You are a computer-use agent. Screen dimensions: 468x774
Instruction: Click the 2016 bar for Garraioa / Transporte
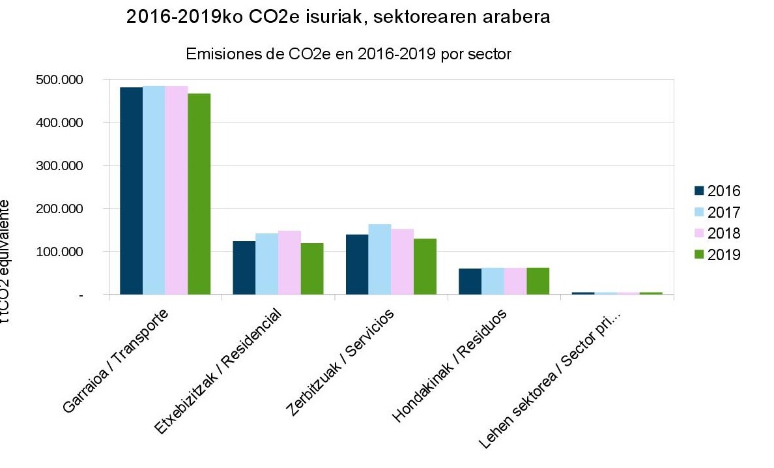pyautogui.click(x=131, y=190)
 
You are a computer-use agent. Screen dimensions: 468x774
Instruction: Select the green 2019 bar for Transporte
pyautogui.click(x=199, y=194)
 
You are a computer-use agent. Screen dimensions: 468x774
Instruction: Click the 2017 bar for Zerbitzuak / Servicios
pyautogui.click(x=380, y=259)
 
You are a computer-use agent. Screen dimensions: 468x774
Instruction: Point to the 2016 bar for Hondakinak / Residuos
pyautogui.click(x=470, y=281)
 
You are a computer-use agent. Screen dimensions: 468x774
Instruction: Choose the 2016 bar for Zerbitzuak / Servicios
pyautogui.click(x=357, y=264)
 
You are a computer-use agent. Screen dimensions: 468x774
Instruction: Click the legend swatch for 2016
pyautogui.click(x=700, y=191)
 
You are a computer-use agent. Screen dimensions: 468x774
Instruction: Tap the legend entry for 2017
pyautogui.click(x=717, y=212)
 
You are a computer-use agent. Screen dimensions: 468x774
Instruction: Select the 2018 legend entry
pyautogui.click(x=717, y=233)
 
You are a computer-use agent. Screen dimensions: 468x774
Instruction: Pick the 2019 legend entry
pyautogui.click(x=717, y=254)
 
